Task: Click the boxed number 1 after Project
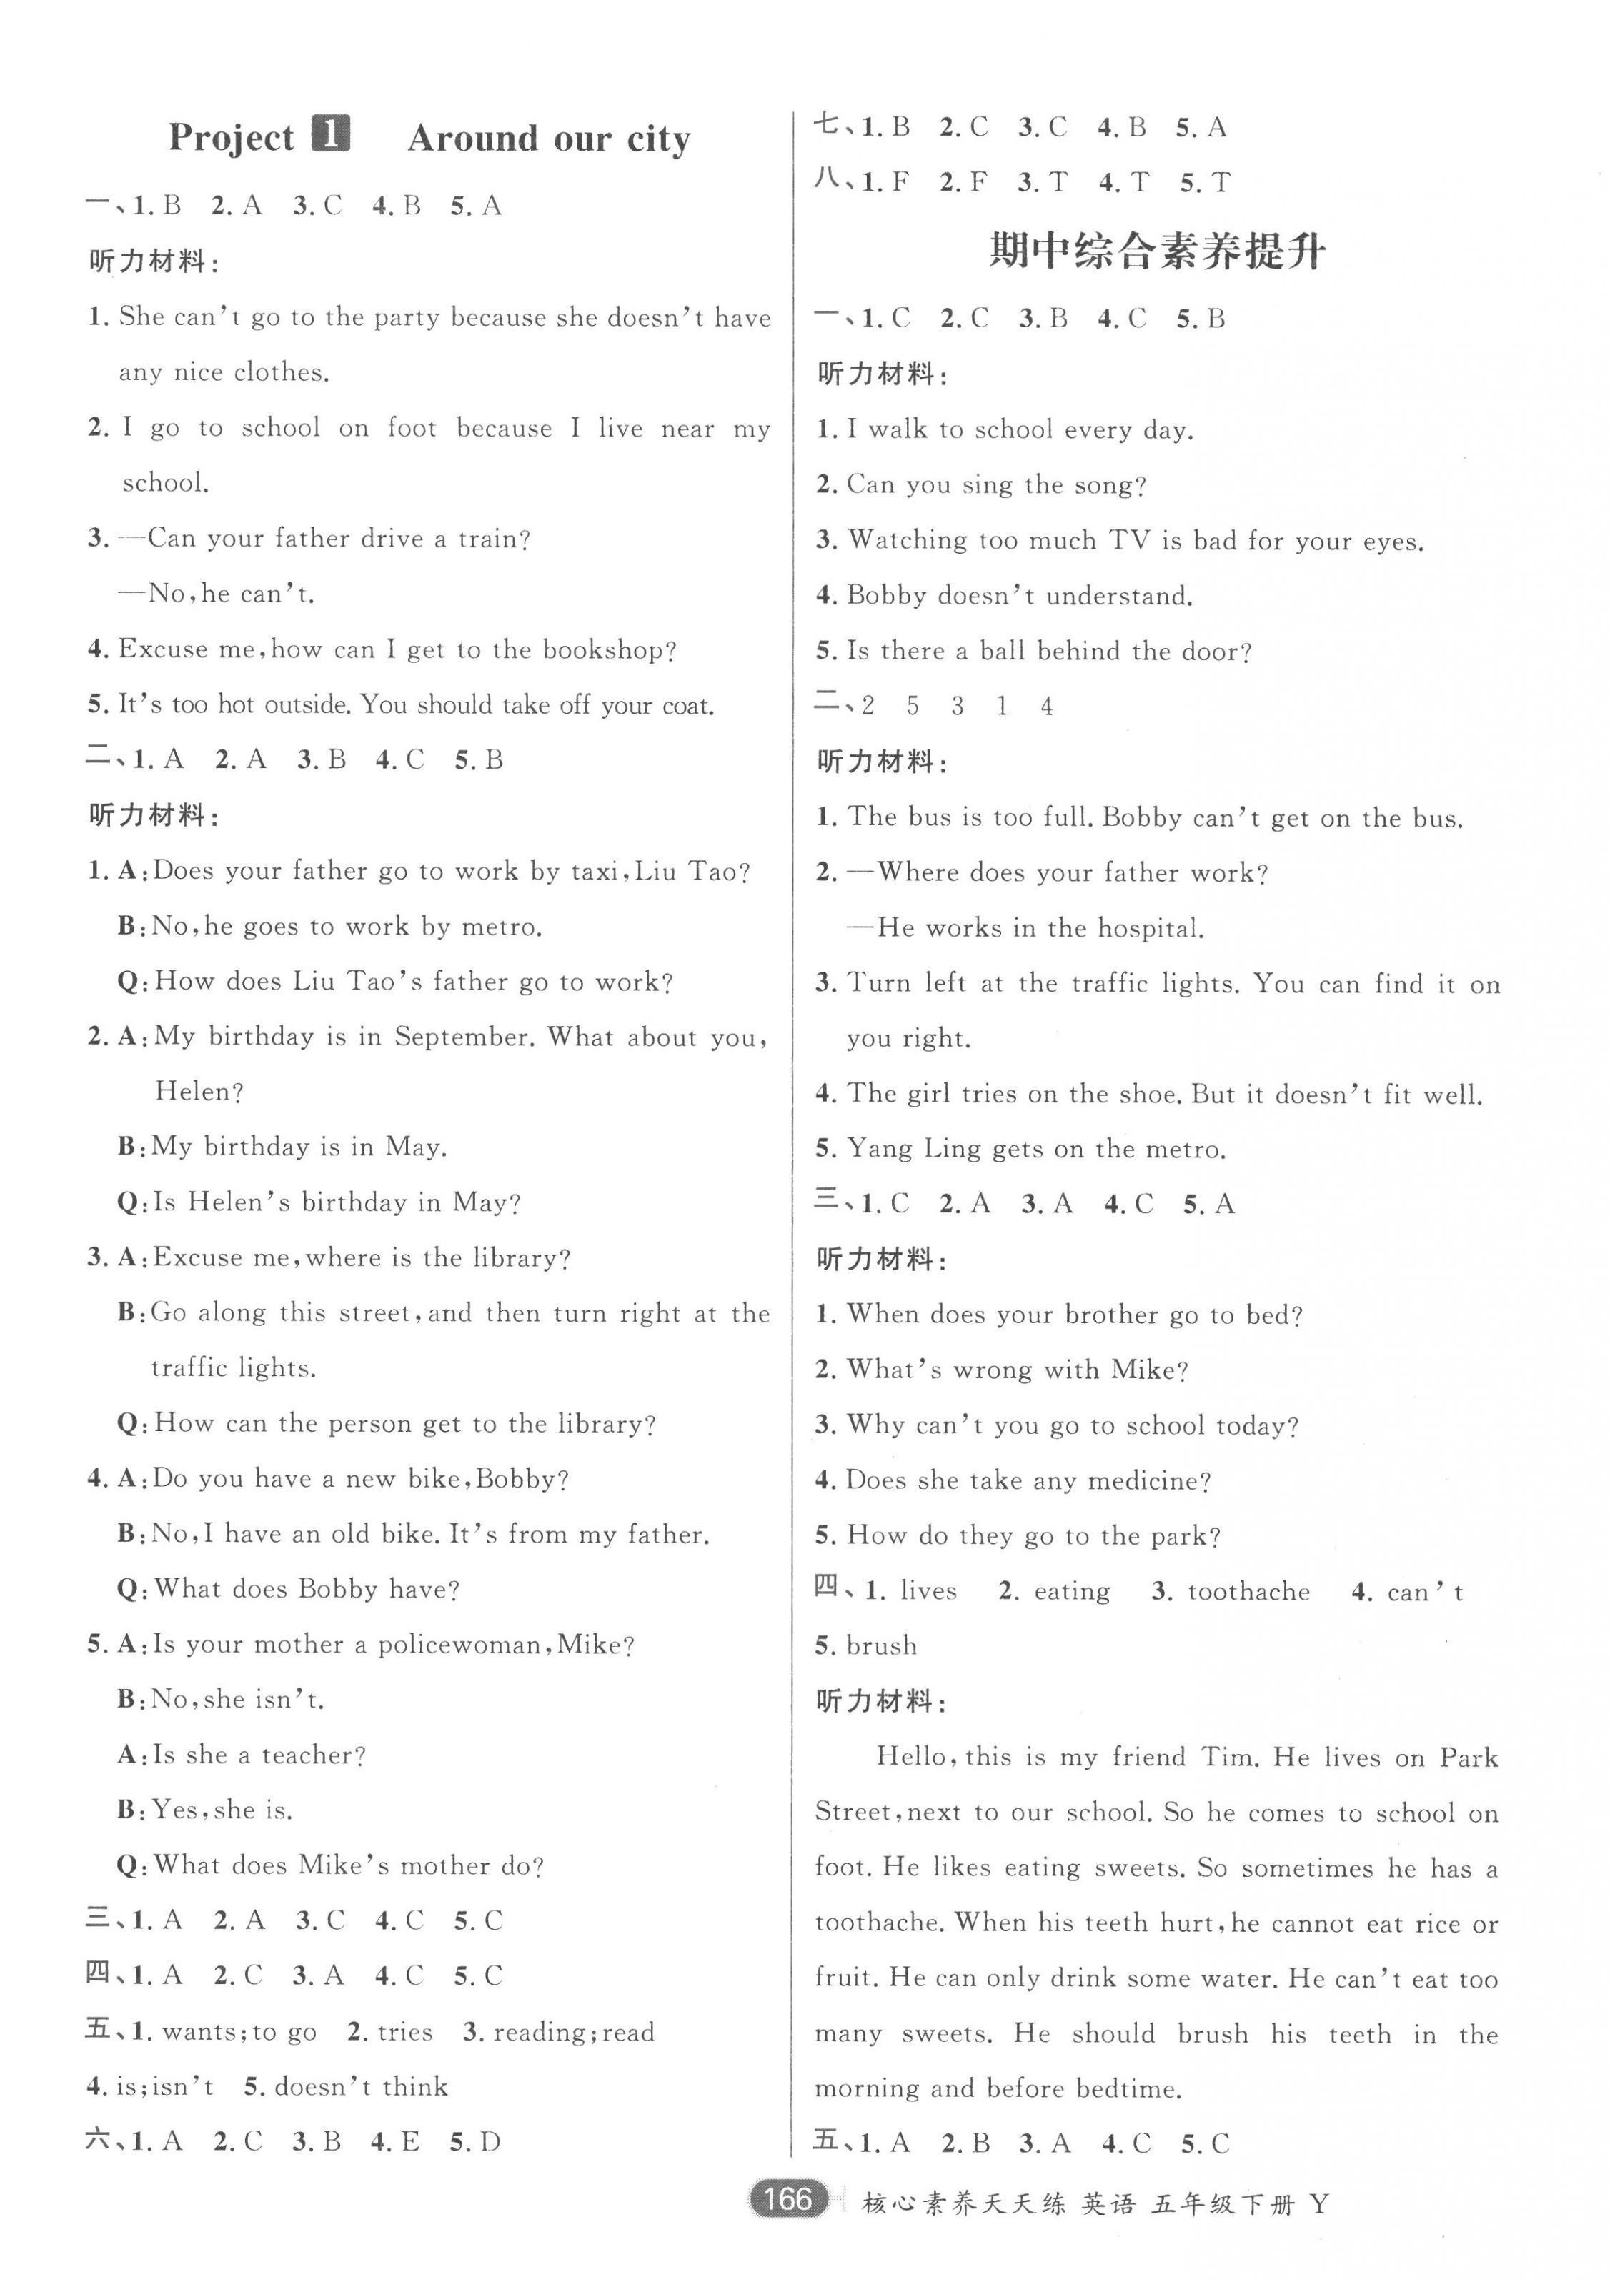tap(331, 133)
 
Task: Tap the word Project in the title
tap(231, 137)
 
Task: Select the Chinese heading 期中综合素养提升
tap(1157, 251)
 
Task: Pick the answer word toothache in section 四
tap(1248, 1591)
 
